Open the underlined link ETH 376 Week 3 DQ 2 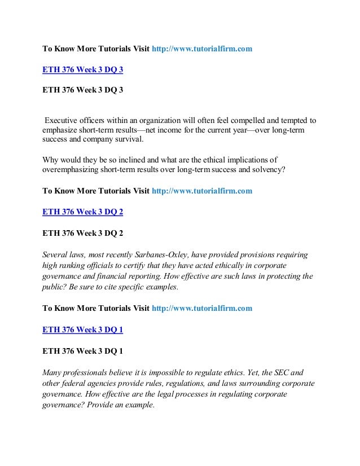[83, 213]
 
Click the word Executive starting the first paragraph [63, 120]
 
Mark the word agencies [107, 382]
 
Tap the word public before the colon [55, 286]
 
